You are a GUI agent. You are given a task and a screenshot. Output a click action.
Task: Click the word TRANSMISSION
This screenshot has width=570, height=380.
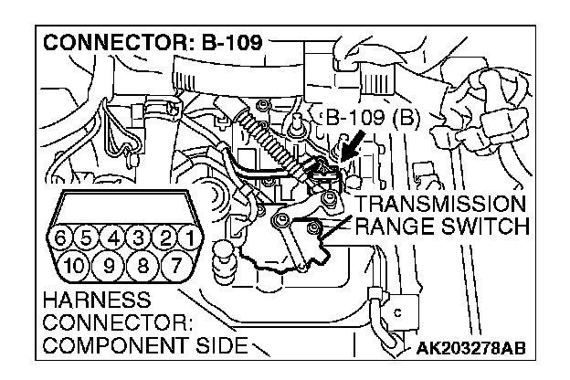pyautogui.click(x=441, y=204)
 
